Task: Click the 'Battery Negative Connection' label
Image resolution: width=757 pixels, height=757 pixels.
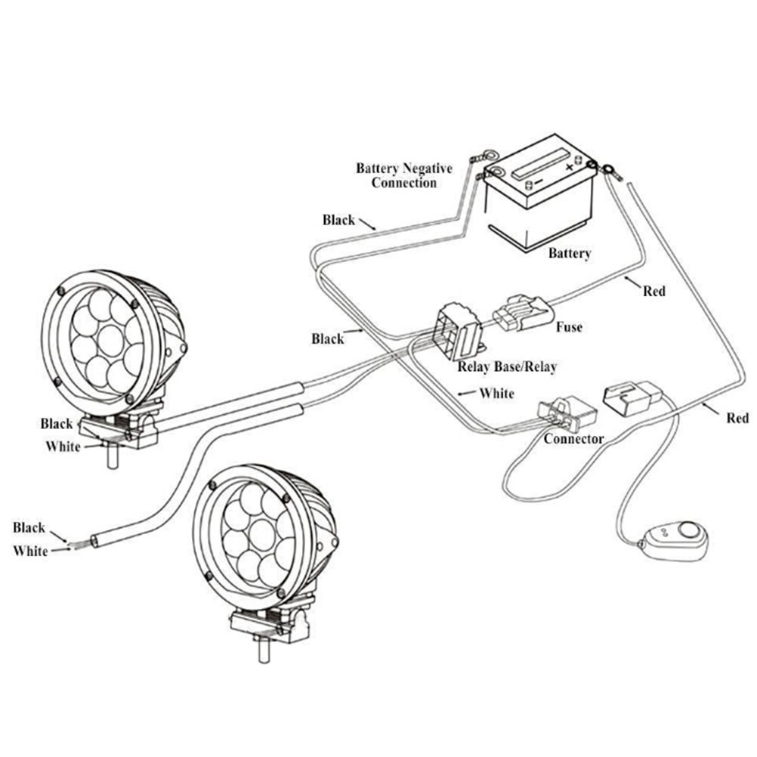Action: tap(403, 175)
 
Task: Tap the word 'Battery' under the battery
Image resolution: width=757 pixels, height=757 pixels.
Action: tap(569, 254)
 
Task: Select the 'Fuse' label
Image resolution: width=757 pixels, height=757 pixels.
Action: tap(568, 328)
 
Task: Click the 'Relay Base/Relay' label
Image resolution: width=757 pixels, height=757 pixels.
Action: tap(507, 367)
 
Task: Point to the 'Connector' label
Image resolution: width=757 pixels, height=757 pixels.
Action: tap(573, 439)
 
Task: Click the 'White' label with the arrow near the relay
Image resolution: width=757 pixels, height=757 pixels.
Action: tap(496, 394)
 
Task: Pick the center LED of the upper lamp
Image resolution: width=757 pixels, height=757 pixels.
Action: tap(111, 341)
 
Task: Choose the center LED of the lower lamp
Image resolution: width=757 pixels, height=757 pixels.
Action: tap(261, 535)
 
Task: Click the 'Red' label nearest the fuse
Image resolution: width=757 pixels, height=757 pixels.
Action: tap(654, 290)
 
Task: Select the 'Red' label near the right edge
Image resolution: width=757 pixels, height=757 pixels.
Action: tap(737, 418)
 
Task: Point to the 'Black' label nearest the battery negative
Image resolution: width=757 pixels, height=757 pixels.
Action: tap(338, 220)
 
